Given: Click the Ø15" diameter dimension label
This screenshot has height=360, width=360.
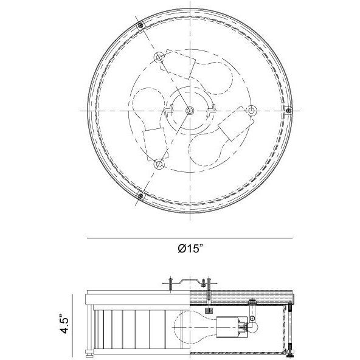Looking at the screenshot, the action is [x=190, y=248].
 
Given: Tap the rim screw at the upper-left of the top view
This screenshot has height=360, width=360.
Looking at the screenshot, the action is [x=140, y=25].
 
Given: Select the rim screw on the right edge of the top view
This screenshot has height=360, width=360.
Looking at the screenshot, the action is [x=289, y=111].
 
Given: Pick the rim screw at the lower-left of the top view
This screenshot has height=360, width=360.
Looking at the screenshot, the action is [x=140, y=196].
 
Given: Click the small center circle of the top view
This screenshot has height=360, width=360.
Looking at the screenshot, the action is [x=190, y=111].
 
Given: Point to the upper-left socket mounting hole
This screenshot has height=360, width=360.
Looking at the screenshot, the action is [x=159, y=57].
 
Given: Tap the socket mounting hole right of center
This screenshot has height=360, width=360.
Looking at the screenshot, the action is [x=251, y=111].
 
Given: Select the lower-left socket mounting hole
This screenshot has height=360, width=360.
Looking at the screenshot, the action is [x=159, y=164].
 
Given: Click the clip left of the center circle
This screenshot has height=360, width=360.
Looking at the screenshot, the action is [x=168, y=111].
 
